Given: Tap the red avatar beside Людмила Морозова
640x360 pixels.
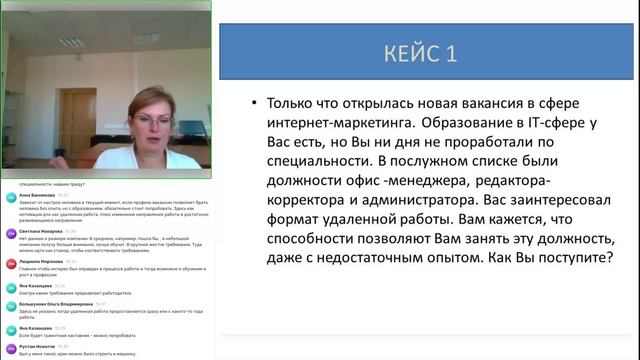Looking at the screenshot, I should (x=9, y=259).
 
